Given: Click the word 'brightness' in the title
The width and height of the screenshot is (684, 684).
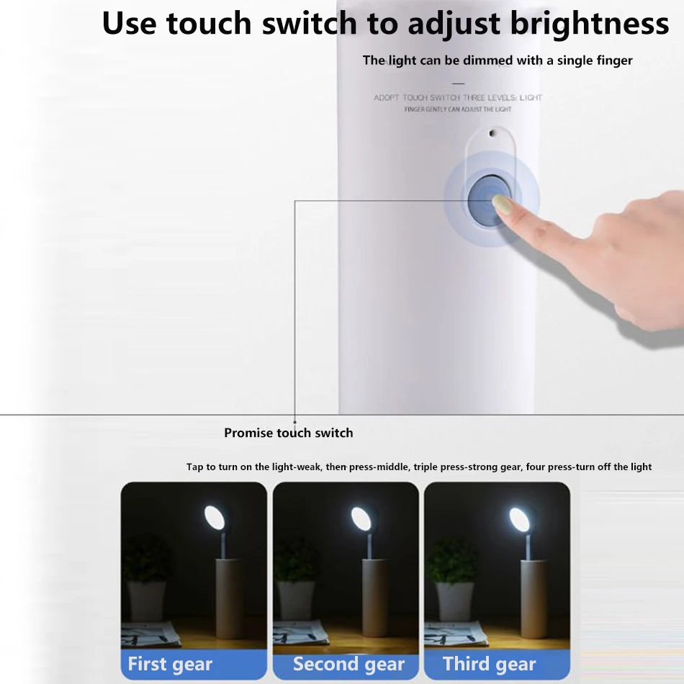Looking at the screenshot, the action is click(590, 24).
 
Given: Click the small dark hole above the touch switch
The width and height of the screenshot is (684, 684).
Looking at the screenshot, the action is click(492, 133).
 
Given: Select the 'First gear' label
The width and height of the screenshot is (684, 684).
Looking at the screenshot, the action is click(170, 664).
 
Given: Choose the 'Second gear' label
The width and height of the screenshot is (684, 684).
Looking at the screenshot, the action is click(348, 664).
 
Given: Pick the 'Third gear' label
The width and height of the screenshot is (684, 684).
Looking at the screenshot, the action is click(489, 664).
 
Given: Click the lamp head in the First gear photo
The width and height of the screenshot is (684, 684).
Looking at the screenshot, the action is click(215, 518).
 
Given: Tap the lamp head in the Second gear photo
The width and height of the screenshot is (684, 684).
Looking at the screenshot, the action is click(361, 518).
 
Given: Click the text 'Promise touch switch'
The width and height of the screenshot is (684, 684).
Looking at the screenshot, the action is click(288, 433).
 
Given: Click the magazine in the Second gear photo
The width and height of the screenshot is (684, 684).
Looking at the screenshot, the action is click(301, 633).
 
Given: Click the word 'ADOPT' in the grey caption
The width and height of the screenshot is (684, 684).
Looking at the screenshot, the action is click(387, 98).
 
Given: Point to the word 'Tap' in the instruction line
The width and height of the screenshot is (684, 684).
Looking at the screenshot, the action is click(194, 467).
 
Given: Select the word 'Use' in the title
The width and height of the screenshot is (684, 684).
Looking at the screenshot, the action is click(129, 24).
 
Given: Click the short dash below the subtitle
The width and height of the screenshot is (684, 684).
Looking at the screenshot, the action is click(458, 84).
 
